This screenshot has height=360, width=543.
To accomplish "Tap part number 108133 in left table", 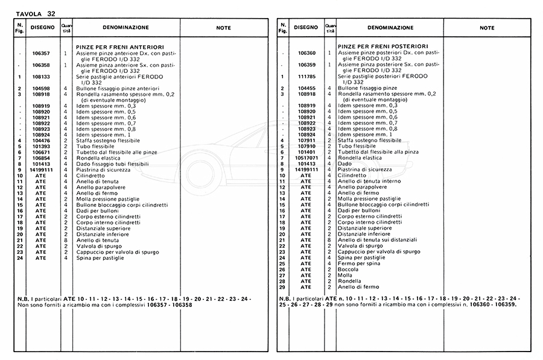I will point(41,77).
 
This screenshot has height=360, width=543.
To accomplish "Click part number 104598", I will point(41,89).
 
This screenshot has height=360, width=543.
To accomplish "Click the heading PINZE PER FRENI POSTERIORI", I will point(373,46).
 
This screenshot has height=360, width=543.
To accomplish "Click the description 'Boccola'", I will point(348,270).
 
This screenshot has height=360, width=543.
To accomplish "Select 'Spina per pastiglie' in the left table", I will point(100,257).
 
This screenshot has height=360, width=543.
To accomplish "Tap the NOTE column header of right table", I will point(487,28).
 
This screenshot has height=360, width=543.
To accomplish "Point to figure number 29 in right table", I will point(282,286).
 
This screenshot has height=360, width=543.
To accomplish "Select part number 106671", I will point(41,153).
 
